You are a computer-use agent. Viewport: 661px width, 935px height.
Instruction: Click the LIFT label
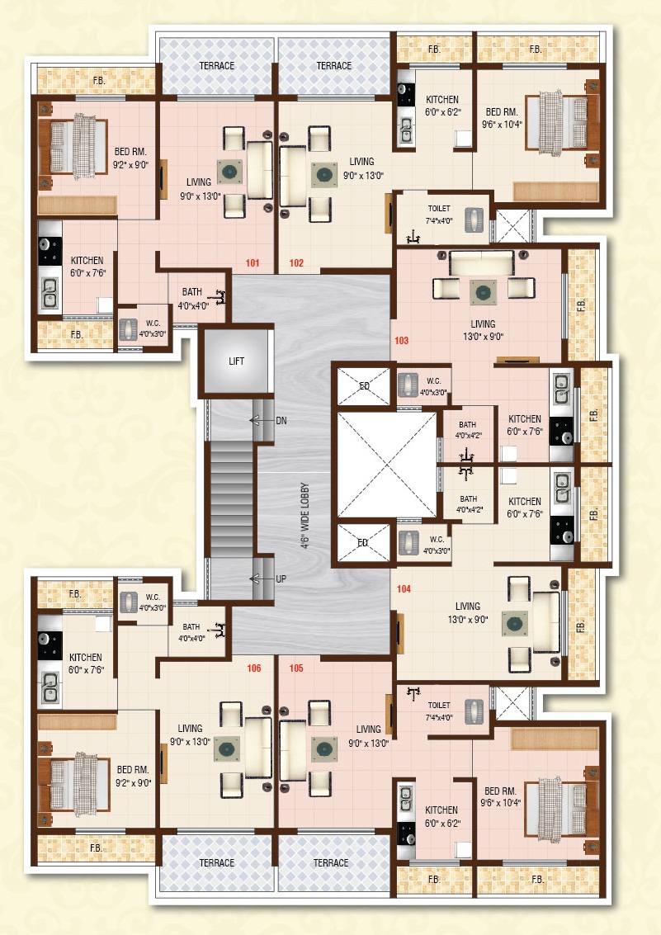tap(236, 361)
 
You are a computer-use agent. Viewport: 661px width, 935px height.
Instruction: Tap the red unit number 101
tap(253, 263)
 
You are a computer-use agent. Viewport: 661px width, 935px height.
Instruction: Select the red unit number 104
tap(404, 589)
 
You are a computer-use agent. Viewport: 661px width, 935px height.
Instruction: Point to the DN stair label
tap(281, 420)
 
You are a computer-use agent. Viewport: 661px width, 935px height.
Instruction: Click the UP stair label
tap(281, 579)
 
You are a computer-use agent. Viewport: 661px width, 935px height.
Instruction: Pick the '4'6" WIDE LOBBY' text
tap(305, 515)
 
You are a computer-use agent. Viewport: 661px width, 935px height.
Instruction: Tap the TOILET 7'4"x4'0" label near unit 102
tap(439, 215)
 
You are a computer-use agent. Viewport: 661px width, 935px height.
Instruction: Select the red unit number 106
tap(254, 668)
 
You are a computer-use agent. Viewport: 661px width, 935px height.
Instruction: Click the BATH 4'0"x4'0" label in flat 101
tap(192, 299)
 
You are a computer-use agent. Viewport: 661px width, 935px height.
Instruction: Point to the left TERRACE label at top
tap(217, 65)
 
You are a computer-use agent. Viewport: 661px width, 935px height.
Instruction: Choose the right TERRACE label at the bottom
tap(331, 863)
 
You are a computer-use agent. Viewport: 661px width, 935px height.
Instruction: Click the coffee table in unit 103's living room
tap(483, 292)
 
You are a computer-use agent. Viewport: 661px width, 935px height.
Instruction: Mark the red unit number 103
tap(401, 341)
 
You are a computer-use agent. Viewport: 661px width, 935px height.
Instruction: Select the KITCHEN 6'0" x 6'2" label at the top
tap(442, 106)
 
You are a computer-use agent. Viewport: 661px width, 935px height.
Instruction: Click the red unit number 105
tap(296, 668)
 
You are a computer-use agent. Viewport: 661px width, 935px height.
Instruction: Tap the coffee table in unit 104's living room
tap(514, 624)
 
